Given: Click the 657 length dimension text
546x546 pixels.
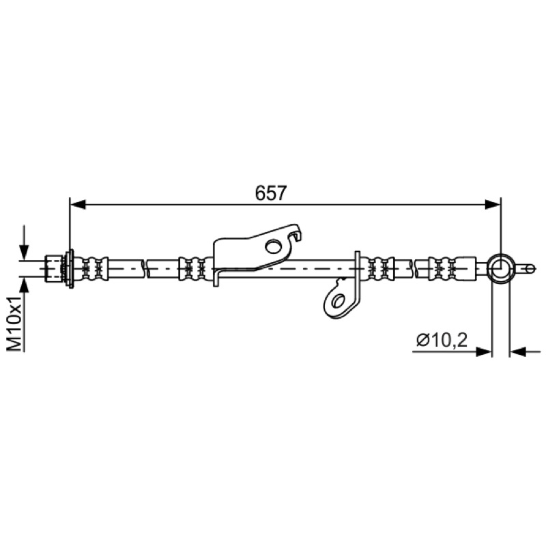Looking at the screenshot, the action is pyautogui.click(x=270, y=193).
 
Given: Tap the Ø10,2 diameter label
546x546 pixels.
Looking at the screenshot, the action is pyautogui.click(x=442, y=339).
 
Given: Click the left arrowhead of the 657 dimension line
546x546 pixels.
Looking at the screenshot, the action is pyautogui.click(x=78, y=204).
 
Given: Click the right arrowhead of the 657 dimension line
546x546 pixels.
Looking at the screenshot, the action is pyautogui.click(x=493, y=204).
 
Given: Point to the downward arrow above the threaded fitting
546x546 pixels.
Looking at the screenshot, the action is pyautogui.click(x=24, y=243).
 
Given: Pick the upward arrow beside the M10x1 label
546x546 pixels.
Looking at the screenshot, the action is pyautogui.click(x=24, y=296).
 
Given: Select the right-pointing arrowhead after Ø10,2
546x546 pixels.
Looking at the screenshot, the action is pyautogui.click(x=484, y=351).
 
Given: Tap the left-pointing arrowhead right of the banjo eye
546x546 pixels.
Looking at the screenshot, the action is pyautogui.click(x=518, y=351).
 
